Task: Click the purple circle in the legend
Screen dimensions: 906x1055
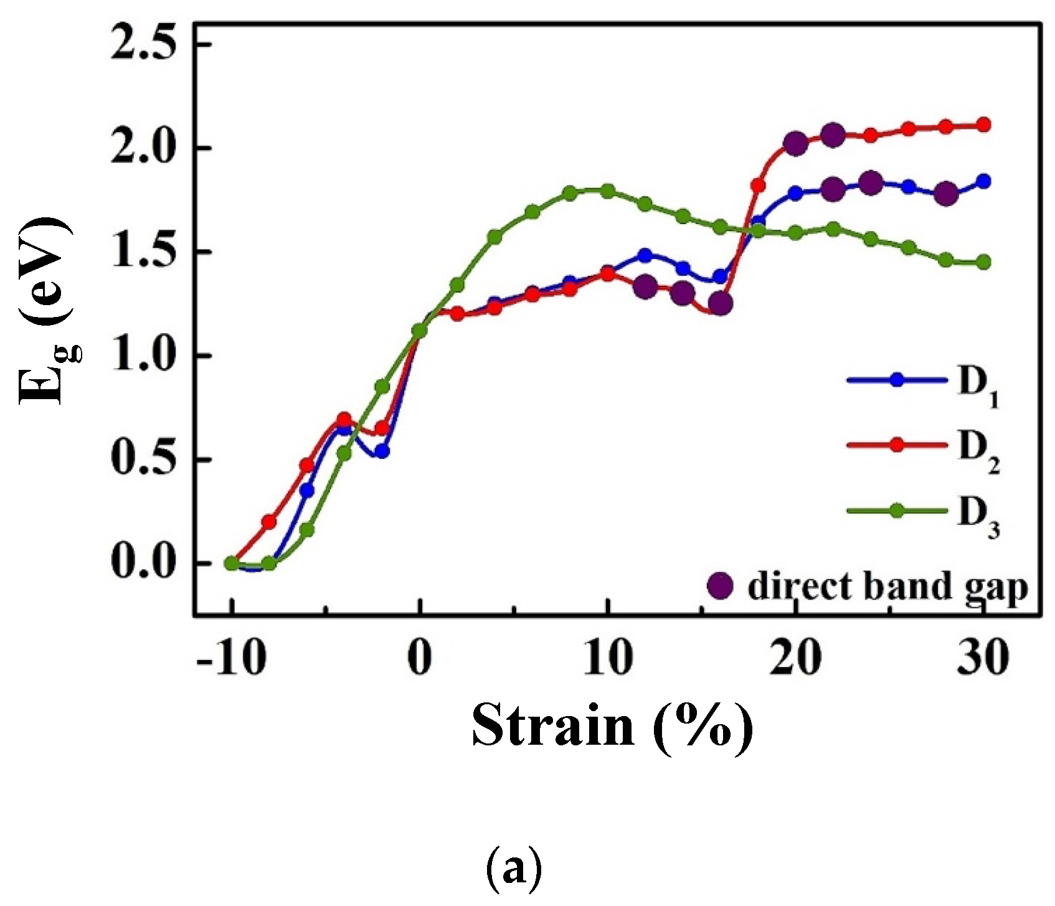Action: tap(721, 586)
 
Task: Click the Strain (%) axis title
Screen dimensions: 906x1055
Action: tap(612, 726)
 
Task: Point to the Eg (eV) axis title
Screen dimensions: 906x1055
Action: tap(47, 311)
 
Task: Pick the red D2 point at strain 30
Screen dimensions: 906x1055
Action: tap(983, 125)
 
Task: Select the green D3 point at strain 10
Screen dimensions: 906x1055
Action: tap(608, 191)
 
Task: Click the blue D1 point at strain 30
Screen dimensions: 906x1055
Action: tap(983, 182)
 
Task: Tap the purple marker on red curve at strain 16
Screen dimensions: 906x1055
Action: tap(721, 304)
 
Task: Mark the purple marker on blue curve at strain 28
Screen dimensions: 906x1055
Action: tap(946, 194)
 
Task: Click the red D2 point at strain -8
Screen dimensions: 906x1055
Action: tap(269, 522)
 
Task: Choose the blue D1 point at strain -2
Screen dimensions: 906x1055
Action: tap(382, 451)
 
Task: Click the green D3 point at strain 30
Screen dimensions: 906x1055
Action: tap(983, 262)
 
